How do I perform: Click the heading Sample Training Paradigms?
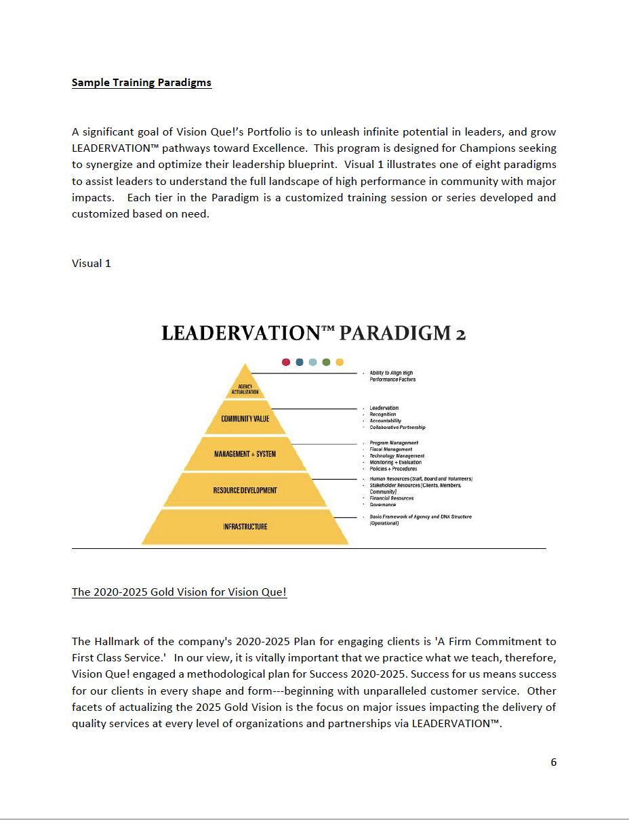click(x=141, y=83)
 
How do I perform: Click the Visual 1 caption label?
click(x=91, y=263)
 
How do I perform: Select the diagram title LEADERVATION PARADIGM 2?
click(x=313, y=333)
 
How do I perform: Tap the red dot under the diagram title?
click(x=286, y=363)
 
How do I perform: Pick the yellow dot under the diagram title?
click(x=340, y=363)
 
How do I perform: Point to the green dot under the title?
click(x=326, y=363)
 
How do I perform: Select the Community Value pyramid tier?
click(x=245, y=419)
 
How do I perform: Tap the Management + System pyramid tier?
click(x=245, y=454)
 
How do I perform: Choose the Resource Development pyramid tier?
click(x=245, y=490)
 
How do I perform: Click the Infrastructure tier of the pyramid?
click(x=245, y=527)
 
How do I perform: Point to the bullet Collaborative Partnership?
click(x=397, y=428)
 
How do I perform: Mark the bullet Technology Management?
click(x=397, y=456)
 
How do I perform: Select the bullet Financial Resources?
click(x=391, y=498)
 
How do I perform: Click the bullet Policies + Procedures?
click(x=393, y=469)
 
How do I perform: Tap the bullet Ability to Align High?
click(x=391, y=373)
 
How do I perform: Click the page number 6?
click(x=553, y=762)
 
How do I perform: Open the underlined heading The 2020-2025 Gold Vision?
click(x=179, y=592)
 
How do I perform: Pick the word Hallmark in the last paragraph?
click(x=116, y=641)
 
